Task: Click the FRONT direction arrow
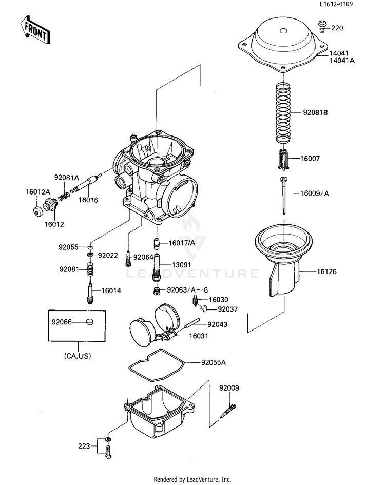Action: (x=34, y=29)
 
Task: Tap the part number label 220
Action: (x=337, y=28)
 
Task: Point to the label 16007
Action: (x=310, y=159)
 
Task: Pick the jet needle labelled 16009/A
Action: (x=283, y=196)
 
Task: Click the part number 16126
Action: (x=326, y=271)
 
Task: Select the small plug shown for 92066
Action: (x=89, y=322)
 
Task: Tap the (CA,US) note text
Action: (x=78, y=356)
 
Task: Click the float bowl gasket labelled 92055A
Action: (x=156, y=365)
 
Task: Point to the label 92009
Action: (x=229, y=388)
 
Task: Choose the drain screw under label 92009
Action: (x=228, y=411)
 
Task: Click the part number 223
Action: (x=84, y=445)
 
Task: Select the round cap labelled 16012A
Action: (x=38, y=211)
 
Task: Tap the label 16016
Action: (x=88, y=200)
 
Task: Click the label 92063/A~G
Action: (x=187, y=290)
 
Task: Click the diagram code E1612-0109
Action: (x=336, y=4)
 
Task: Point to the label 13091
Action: (x=181, y=265)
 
